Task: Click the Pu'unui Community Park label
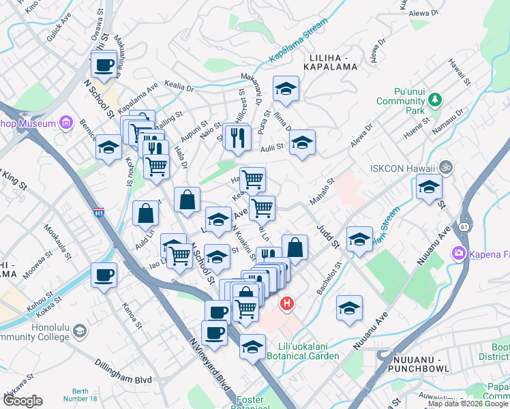(410, 101)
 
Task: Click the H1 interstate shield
(99, 212)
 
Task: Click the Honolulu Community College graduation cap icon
(80, 331)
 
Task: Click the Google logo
(22, 401)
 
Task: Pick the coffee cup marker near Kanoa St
(104, 275)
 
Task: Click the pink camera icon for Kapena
(458, 254)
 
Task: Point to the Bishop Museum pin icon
(66, 123)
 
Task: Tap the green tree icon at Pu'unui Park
(436, 101)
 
